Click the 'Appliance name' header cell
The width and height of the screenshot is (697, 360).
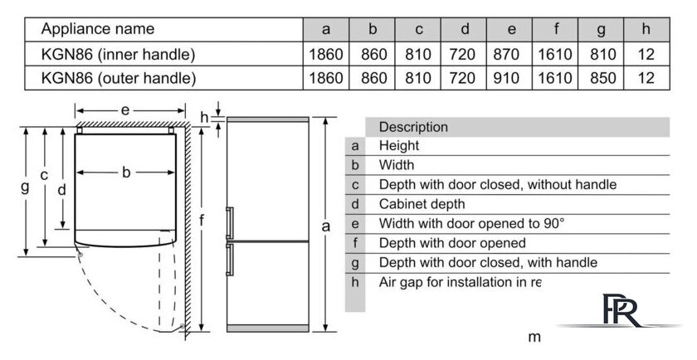(x=98, y=29)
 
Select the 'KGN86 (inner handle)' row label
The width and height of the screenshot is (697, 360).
(x=118, y=54)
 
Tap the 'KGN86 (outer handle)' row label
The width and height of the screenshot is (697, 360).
(x=119, y=78)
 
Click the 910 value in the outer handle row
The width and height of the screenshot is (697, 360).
(x=506, y=78)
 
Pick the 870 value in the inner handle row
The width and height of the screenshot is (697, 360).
(x=506, y=54)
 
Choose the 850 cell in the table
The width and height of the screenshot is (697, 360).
(x=602, y=78)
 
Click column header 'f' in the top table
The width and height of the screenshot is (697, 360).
(x=556, y=29)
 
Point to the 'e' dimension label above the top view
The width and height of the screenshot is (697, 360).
(x=125, y=109)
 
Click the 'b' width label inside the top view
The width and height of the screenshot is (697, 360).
(x=126, y=172)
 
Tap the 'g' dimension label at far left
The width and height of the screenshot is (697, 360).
(x=26, y=187)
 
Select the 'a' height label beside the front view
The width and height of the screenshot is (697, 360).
(x=326, y=226)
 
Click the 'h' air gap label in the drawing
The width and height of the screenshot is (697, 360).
(x=204, y=117)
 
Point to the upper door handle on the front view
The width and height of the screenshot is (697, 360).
(x=230, y=223)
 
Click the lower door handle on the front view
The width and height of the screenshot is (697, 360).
(x=230, y=260)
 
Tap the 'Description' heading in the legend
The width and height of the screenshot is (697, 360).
(x=413, y=127)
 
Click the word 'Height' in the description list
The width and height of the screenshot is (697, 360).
(x=399, y=146)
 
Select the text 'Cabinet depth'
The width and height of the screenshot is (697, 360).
(x=422, y=204)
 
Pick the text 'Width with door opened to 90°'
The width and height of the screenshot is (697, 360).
(x=471, y=224)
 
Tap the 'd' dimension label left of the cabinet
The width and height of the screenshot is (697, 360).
(x=61, y=190)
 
